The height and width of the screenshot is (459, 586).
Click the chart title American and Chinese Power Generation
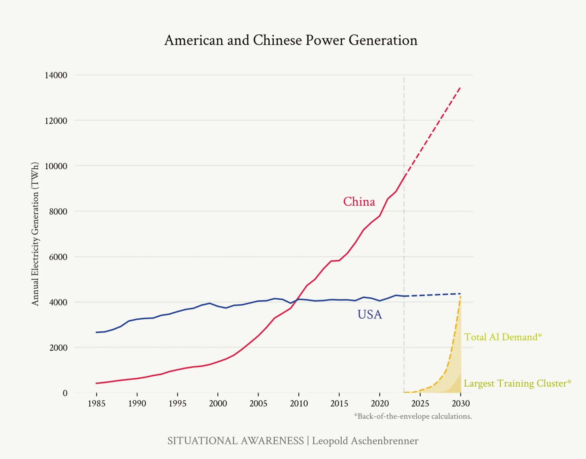(291, 40)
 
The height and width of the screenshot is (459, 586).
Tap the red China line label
(359, 201)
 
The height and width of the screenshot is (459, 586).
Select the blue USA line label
(369, 314)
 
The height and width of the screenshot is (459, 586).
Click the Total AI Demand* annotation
(503, 337)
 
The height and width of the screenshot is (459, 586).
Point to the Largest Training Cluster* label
(517, 383)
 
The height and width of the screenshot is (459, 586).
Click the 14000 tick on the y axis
(56, 75)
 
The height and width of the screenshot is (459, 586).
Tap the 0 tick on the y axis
(65, 393)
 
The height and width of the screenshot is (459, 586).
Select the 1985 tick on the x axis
(97, 403)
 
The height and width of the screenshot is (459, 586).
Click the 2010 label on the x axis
(299, 403)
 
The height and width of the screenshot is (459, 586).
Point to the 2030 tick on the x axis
(460, 403)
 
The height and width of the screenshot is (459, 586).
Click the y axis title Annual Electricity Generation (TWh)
(35, 234)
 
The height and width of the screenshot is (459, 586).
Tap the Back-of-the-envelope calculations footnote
(413, 416)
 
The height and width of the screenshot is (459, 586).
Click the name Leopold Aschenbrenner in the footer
(365, 441)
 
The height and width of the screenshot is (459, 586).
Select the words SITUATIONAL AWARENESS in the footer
(235, 441)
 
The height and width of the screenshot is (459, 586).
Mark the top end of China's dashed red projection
(460, 87)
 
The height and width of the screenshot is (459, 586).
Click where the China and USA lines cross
(297, 299)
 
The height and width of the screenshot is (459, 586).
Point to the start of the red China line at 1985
(97, 383)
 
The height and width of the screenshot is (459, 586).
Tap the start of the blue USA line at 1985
(97, 332)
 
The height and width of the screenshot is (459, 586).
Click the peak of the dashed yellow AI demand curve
(460, 297)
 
